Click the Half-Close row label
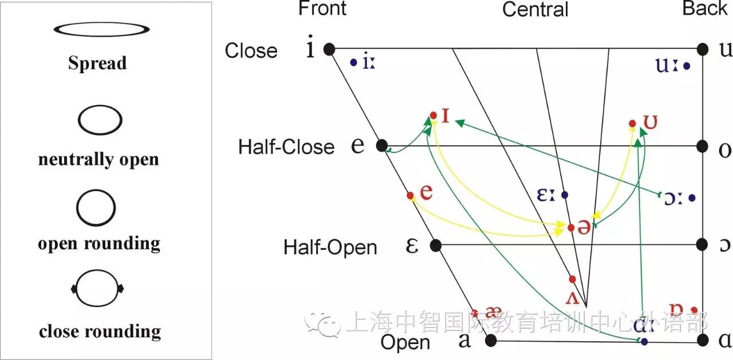pyautogui.click(x=286, y=147)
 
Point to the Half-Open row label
pyautogui.click(x=330, y=247)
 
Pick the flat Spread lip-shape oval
pyautogui.click(x=102, y=29)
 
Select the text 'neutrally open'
pyautogui.click(x=98, y=159)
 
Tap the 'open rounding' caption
pyautogui.click(x=99, y=244)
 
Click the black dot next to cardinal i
pyautogui.click(x=329, y=49)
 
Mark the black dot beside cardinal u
pyautogui.click(x=704, y=49)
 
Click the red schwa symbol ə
pyautogui.click(x=584, y=227)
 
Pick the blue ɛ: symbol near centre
pyautogui.click(x=546, y=195)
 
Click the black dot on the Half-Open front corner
pyautogui.click(x=435, y=246)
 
